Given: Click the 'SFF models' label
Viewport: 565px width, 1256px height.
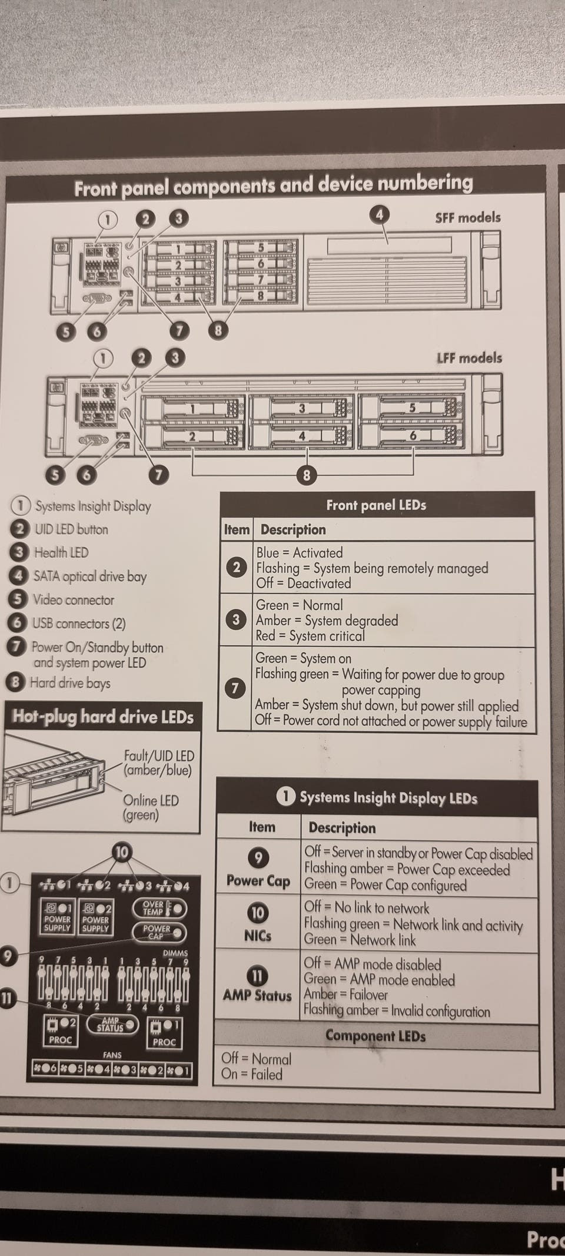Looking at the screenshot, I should coord(467,218).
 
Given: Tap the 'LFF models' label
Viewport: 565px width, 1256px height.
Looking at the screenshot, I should coord(469,358).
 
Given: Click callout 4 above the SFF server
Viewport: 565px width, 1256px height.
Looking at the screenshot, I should coord(380,215).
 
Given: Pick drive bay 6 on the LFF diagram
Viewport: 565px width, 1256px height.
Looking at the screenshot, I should coord(412,436).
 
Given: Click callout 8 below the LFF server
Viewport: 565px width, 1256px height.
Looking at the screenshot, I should coord(306,475).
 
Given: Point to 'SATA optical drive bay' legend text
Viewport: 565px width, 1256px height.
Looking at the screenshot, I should coord(89,576).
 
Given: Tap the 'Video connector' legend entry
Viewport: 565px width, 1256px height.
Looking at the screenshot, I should coord(73,600).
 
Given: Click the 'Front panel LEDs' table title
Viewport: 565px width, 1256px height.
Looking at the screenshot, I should coord(376,505).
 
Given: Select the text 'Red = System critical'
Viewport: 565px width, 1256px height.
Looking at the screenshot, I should coord(310,636).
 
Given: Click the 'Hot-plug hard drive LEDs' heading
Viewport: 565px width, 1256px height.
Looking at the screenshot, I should coord(103,717).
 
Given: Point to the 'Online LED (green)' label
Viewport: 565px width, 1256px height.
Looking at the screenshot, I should coord(151,807).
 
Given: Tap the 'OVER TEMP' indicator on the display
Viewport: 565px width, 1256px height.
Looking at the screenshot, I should coord(159,908).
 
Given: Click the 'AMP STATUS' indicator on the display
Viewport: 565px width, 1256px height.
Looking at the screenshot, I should coord(112,1025).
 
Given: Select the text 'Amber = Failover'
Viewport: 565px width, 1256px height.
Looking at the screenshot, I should coord(345,995).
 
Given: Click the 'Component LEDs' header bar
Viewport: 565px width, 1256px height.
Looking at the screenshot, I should coord(375,1036).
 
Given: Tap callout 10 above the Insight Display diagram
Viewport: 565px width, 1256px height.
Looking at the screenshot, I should coord(122,852).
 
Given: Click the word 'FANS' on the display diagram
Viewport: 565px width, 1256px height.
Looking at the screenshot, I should coord(112,1055).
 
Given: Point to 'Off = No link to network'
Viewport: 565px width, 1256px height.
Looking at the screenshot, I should coord(366,908).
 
